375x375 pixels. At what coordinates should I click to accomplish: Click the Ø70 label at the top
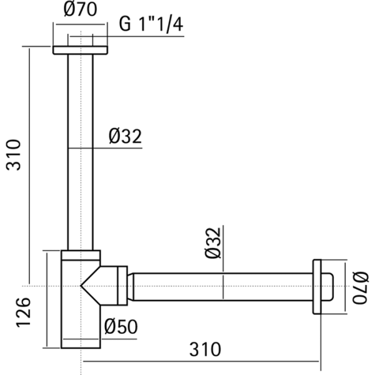(80, 11)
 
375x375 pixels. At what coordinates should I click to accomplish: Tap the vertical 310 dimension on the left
(14, 155)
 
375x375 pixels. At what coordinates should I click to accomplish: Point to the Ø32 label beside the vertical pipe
(125, 136)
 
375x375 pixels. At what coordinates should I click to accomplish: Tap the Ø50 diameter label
(121, 327)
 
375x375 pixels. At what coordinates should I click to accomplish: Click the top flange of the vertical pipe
(80, 50)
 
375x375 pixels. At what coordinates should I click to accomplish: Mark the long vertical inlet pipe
(80, 150)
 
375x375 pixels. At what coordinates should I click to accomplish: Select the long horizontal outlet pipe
(222, 287)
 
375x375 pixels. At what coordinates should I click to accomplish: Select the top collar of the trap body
(80, 255)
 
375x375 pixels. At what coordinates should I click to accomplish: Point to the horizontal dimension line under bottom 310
(200, 361)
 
